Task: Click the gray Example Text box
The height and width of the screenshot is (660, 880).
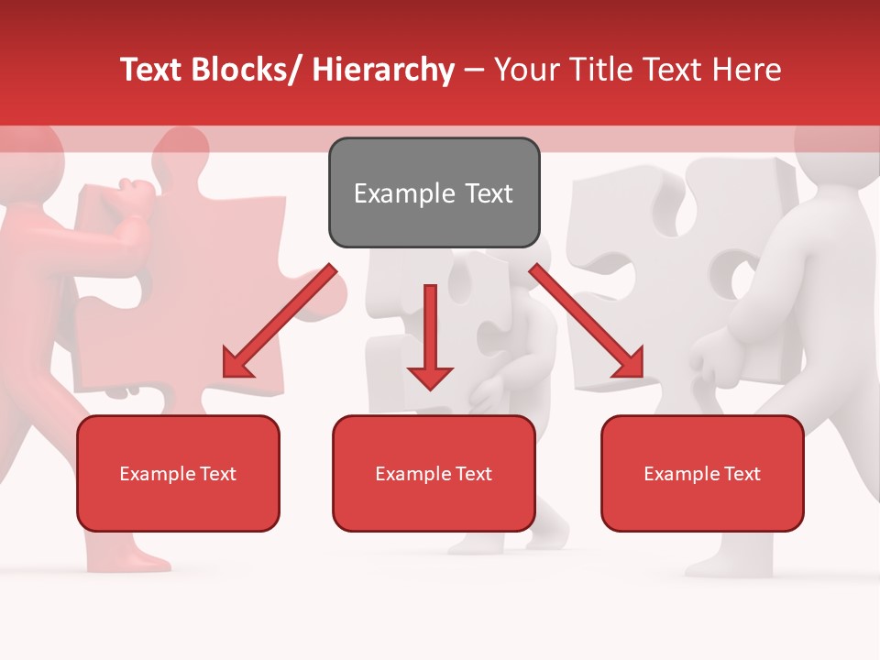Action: coord(434,192)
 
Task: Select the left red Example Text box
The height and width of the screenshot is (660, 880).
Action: coord(178,473)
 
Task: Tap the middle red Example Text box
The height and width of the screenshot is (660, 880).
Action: coord(434,473)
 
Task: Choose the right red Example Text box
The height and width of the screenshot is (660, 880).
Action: coord(702,473)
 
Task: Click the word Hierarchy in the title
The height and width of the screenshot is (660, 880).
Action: coord(383,70)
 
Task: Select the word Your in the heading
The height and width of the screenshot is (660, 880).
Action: coord(526,70)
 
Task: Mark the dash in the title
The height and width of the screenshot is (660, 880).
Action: coord(474,70)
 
